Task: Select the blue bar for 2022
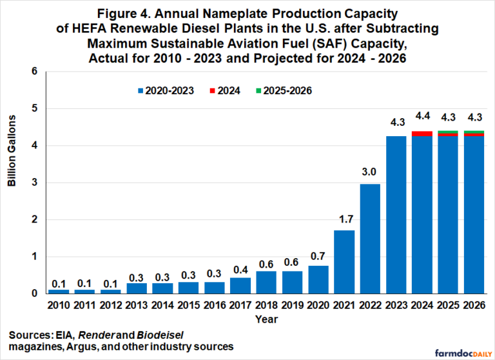371,239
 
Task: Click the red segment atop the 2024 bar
422,134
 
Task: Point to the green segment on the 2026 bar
474,132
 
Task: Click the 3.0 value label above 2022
371,173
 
